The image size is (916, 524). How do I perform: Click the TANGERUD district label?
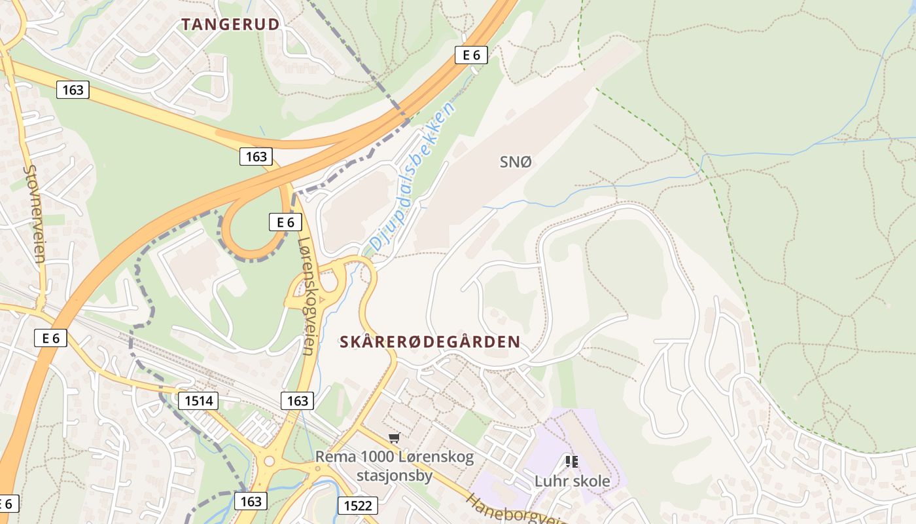[x=230, y=25]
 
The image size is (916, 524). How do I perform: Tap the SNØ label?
[x=516, y=162]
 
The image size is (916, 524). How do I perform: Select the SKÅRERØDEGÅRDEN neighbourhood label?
[x=430, y=342]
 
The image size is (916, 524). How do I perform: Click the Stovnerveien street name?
[x=33, y=213]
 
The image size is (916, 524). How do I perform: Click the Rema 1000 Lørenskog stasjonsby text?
[x=395, y=466]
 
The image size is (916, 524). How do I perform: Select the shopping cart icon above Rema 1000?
[x=394, y=438]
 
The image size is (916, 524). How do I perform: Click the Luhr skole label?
[x=572, y=481]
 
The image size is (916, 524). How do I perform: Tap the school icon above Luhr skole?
[x=572, y=462]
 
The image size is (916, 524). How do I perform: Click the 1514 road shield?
[x=198, y=400]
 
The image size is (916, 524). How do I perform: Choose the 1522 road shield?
[x=357, y=505]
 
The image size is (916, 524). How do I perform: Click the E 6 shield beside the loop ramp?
[x=285, y=222]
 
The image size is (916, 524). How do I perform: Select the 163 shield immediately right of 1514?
[x=297, y=400]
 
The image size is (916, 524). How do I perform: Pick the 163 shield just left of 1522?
[x=251, y=502]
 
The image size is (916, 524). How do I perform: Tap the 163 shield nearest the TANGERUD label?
[x=72, y=90]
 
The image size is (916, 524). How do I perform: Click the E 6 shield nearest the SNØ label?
[x=471, y=55]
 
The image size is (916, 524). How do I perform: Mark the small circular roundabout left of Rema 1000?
[x=269, y=461]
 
